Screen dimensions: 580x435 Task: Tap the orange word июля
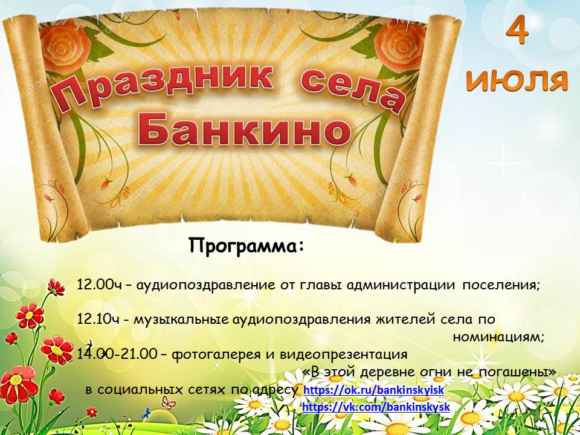click(517, 80)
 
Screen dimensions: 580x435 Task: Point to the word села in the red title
click(353, 89)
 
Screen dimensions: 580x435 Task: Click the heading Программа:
click(246, 245)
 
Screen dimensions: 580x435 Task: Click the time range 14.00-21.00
click(117, 354)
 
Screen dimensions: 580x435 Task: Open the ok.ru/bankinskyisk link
click(373, 390)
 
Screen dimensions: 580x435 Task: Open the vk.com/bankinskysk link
click(376, 407)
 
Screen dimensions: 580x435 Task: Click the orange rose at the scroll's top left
click(64, 47)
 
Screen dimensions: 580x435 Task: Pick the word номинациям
click(498, 337)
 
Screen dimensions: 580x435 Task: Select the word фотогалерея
click(217, 355)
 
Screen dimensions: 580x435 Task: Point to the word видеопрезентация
click(344, 355)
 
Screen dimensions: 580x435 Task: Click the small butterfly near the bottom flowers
click(169, 402)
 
